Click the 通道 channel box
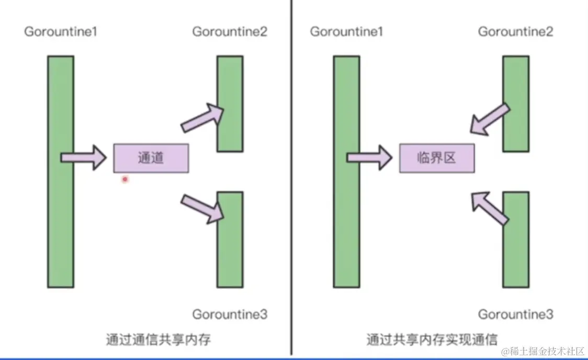(x=151, y=158)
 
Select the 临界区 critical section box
(x=437, y=158)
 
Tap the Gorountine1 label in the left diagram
(x=61, y=31)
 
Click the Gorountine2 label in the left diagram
(x=230, y=31)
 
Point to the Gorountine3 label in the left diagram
(x=230, y=314)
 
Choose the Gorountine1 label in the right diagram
(x=346, y=31)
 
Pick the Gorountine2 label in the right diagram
(x=515, y=31)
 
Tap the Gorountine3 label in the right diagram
(x=515, y=314)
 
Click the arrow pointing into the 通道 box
(x=84, y=157)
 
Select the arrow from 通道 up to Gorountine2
(x=203, y=117)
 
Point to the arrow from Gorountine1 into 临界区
(x=369, y=157)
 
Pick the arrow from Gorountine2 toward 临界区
(x=489, y=118)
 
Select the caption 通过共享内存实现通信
(x=432, y=339)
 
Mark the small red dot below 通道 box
(x=125, y=179)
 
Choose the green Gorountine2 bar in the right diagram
(x=515, y=104)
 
